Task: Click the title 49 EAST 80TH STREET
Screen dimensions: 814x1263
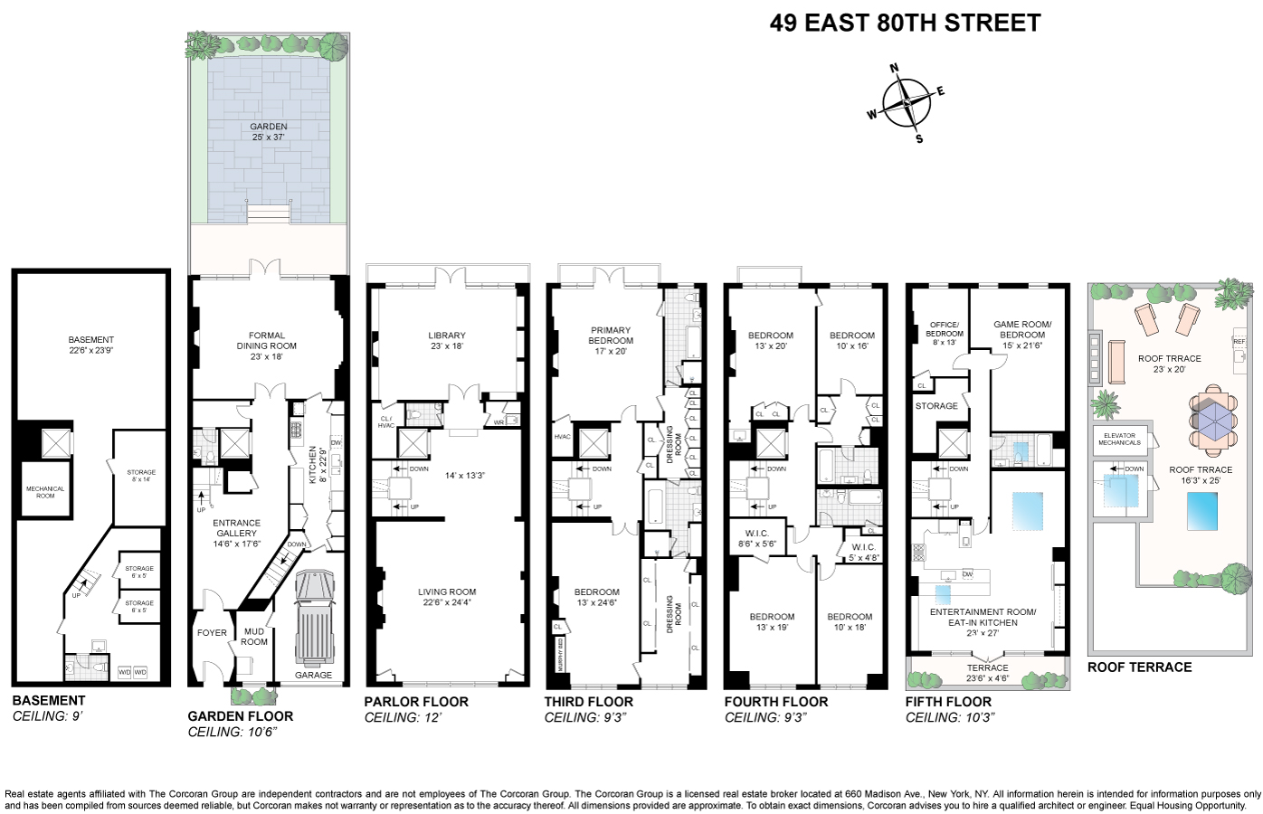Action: tap(905, 24)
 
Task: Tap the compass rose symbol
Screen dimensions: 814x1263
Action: tap(907, 102)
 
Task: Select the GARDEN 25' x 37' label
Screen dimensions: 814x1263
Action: tap(269, 132)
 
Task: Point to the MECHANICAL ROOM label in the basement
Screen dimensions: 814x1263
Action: tap(45, 492)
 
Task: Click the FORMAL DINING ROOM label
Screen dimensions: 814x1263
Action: tap(267, 345)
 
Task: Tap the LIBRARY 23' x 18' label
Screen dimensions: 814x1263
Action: tap(447, 341)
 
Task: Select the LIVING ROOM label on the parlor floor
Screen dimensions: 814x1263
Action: tap(447, 597)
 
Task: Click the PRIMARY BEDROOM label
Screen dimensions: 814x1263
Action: tap(611, 340)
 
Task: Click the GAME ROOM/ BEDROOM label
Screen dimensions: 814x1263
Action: tap(1022, 329)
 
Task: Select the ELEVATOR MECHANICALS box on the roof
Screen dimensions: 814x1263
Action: tap(1119, 439)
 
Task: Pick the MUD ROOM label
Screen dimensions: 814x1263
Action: tap(254, 637)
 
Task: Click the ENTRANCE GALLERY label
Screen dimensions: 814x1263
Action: tap(236, 534)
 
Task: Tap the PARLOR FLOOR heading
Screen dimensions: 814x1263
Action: tap(416, 702)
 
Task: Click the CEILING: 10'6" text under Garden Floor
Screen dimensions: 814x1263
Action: tap(231, 732)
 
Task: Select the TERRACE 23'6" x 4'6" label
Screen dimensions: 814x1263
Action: tap(987, 673)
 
